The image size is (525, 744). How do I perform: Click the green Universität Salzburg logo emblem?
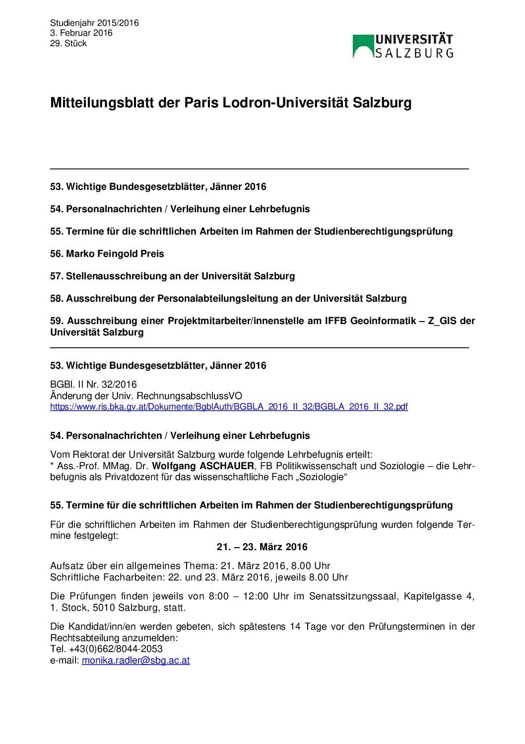pyautogui.click(x=363, y=46)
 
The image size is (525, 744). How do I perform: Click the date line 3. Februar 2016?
pyautogui.click(x=81, y=33)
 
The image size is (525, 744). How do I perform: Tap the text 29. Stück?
pyautogui.click(x=68, y=43)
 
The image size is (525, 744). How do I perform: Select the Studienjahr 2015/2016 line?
pyautogui.click(x=94, y=23)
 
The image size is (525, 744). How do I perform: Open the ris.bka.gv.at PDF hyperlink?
pyautogui.click(x=229, y=407)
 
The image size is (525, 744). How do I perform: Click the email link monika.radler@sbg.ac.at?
pyautogui.click(x=136, y=661)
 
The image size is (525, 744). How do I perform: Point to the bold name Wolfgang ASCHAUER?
pyautogui.click(x=203, y=466)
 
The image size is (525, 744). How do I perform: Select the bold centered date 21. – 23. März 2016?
pyautogui.click(x=262, y=547)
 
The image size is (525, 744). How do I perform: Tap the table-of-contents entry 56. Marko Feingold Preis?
pyautogui.click(x=107, y=254)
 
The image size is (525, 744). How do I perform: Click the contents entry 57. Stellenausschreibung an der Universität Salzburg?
pyautogui.click(x=172, y=276)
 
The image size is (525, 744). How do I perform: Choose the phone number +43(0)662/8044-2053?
pyautogui.click(x=115, y=649)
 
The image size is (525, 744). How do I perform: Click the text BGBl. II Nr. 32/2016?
pyautogui.click(x=93, y=385)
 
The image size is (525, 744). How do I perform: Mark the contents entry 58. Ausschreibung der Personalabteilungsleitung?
pyautogui.click(x=228, y=299)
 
